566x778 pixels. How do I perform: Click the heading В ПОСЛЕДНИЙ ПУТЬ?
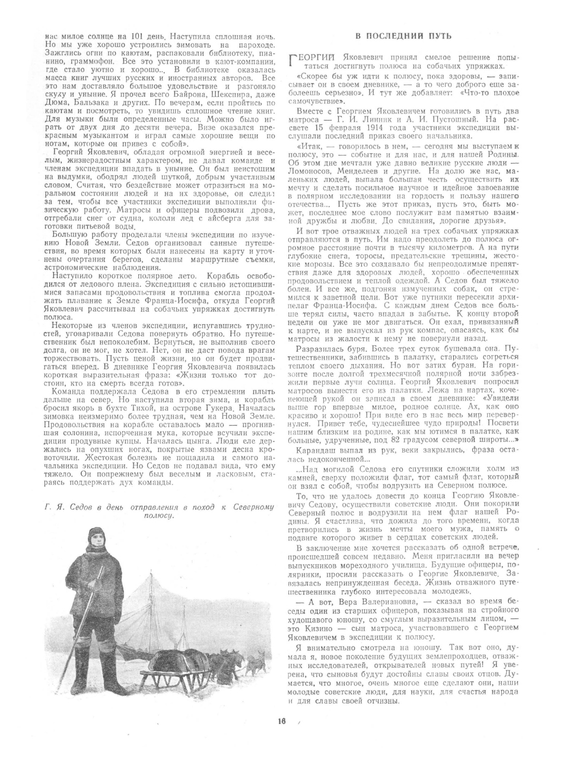click(403, 36)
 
